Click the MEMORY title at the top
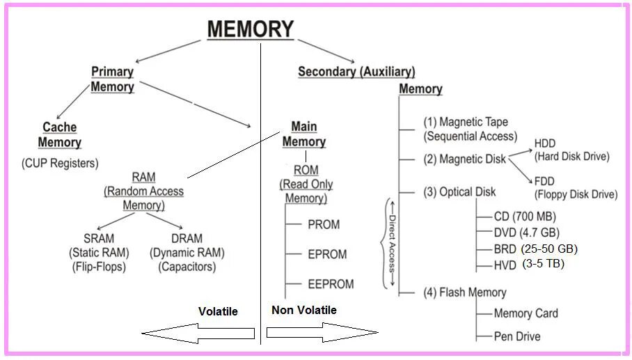pyautogui.click(x=251, y=29)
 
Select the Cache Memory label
pyautogui.click(x=60, y=135)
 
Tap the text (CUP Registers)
pyautogui.click(x=60, y=164)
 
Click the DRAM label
pyautogui.click(x=187, y=238)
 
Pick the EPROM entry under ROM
pyautogui.click(x=327, y=255)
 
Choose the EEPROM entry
pyautogui.click(x=331, y=284)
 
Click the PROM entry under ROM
pyautogui.click(x=324, y=225)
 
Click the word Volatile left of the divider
pyautogui.click(x=218, y=312)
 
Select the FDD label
pyautogui.click(x=544, y=181)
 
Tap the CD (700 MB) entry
pyautogui.click(x=525, y=217)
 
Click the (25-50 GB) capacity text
pyautogui.click(x=549, y=249)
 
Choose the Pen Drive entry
pyautogui.click(x=516, y=336)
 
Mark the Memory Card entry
pyautogui.click(x=526, y=313)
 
